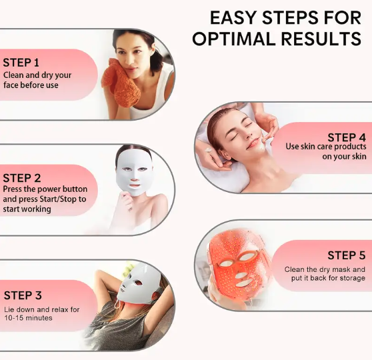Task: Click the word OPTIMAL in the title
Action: tap(233, 39)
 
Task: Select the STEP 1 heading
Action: tap(21, 63)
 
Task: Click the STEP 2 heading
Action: tap(22, 178)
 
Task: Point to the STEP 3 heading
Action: tap(23, 295)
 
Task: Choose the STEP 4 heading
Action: tap(347, 137)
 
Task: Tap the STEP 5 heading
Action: tap(347, 255)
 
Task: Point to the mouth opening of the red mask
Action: tap(245, 283)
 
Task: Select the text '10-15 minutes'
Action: tap(28, 318)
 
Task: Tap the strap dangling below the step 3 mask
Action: tap(117, 304)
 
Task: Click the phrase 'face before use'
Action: tap(31, 85)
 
